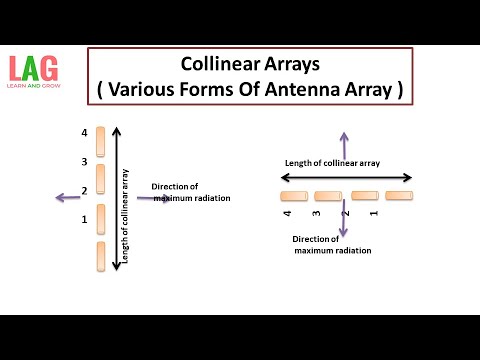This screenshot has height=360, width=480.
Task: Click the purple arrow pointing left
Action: point(69,198)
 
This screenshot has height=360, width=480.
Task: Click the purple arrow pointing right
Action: point(161,198)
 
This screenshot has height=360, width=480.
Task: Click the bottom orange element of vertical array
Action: point(100,256)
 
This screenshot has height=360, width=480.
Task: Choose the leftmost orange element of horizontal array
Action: point(294,196)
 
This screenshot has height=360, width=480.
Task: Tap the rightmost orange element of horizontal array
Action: point(399,196)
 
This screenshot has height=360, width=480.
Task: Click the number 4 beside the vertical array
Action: point(85,133)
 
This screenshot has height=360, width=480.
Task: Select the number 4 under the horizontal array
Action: point(287,214)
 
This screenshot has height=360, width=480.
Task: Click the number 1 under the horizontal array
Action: point(374,213)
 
